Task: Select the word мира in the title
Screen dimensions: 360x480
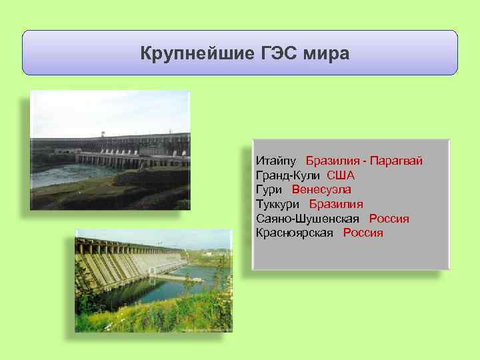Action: (x=327, y=53)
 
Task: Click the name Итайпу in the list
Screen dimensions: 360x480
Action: (x=276, y=161)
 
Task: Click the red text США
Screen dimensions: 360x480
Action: (x=341, y=175)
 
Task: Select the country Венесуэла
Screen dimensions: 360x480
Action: (x=321, y=190)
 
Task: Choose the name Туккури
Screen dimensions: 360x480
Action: (x=278, y=204)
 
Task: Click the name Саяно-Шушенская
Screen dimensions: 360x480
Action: (x=307, y=219)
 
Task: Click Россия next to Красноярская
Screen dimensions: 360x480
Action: (x=363, y=233)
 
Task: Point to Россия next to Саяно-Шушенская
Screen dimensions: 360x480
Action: (x=389, y=219)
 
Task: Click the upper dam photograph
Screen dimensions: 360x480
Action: (x=110, y=150)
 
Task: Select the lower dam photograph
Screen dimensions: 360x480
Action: (x=153, y=280)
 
